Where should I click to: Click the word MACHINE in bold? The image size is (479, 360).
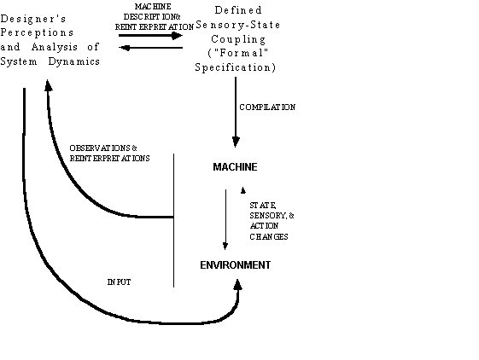(x=235, y=167)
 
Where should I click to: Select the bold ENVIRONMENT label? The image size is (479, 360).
(x=235, y=265)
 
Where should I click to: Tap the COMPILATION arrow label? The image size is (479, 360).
(x=267, y=107)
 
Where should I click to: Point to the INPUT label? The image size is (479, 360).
(x=120, y=282)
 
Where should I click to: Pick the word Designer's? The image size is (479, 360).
(x=33, y=19)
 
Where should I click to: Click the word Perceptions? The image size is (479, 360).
(x=37, y=33)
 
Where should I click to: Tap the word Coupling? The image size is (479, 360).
(x=238, y=39)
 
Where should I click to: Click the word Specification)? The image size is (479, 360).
(x=235, y=67)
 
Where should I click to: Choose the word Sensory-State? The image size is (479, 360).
(x=238, y=25)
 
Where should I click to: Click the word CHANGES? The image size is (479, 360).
(x=269, y=236)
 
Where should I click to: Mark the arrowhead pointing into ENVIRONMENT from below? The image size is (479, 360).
(x=237, y=285)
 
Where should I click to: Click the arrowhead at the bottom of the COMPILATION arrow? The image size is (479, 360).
(x=236, y=142)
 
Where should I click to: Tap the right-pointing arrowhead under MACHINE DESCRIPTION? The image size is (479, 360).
(x=177, y=36)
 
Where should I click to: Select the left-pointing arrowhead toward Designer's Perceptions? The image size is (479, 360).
(x=124, y=48)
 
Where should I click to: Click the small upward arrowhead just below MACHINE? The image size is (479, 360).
(x=242, y=190)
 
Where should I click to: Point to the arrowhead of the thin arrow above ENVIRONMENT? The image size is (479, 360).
(x=225, y=246)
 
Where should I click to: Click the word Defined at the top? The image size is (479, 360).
(x=238, y=10)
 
